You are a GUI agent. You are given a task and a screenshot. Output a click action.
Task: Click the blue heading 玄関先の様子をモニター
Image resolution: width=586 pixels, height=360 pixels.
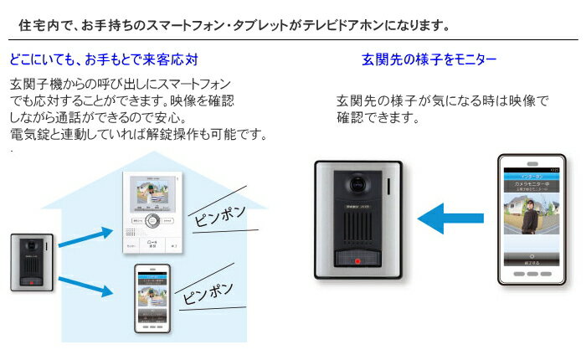429,60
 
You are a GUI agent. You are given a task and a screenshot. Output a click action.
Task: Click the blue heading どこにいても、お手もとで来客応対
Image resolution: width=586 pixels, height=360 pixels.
104,60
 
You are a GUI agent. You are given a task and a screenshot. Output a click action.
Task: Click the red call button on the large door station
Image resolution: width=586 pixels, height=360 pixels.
357,260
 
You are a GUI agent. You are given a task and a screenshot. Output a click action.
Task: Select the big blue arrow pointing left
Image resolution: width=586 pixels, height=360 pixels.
450,221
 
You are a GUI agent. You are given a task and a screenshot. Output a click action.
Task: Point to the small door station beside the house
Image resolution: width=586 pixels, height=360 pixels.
32,263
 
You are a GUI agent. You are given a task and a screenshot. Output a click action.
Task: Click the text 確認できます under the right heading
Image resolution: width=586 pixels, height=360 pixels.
376,117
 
